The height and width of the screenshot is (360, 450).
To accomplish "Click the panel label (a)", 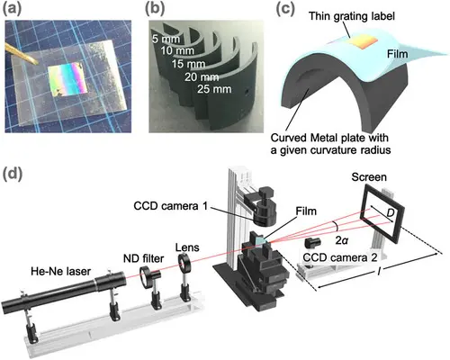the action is [13, 9].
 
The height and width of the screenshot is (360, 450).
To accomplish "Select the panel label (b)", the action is [155, 9].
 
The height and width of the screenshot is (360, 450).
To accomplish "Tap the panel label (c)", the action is [285, 9].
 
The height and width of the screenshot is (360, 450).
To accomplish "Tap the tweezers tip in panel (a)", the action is [36, 63].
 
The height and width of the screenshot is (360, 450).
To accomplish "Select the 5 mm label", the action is [166, 39].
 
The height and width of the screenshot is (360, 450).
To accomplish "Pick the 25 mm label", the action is [214, 89].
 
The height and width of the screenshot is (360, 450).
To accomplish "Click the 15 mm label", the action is [188, 64].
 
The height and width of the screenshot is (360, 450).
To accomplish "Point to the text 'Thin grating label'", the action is [352, 16].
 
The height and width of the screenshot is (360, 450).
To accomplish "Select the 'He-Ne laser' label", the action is [60, 272].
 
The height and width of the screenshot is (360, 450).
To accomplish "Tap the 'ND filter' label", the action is [143, 258].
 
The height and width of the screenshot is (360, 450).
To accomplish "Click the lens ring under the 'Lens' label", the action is [184, 262].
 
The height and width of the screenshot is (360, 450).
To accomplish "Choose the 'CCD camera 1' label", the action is [170, 206].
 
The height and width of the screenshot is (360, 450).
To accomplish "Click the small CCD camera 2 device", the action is [313, 242].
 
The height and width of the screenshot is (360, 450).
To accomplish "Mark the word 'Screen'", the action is [369, 177].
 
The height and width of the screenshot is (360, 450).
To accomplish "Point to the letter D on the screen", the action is [390, 213].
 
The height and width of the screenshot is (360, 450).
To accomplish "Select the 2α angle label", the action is [342, 240].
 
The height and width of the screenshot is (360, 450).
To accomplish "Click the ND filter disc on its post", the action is [145, 276].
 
